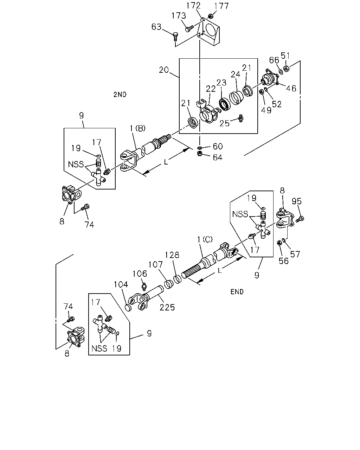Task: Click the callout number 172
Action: click(193, 6)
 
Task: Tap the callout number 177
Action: click(221, 6)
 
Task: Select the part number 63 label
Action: click(156, 27)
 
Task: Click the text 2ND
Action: click(120, 95)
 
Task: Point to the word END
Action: click(237, 292)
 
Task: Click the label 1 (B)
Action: click(138, 128)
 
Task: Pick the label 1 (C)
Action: click(205, 239)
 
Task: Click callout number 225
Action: click(167, 307)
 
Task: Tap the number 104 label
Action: click(121, 284)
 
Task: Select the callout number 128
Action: click(172, 255)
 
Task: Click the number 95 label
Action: click(297, 201)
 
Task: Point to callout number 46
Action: click(291, 89)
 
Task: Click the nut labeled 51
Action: click(286, 68)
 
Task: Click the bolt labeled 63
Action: click(175, 37)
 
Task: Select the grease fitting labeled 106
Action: click(144, 286)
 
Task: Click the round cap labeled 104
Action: click(128, 307)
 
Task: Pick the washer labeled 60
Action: click(200, 148)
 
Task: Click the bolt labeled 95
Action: click(300, 219)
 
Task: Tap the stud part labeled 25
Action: click(241, 118)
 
